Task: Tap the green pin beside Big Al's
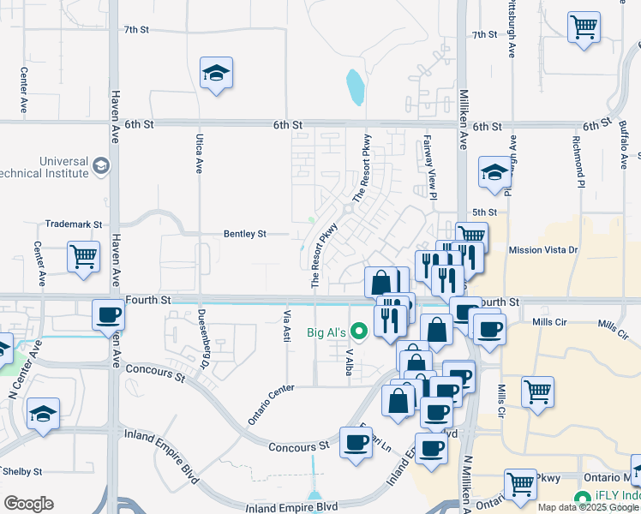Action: point(360,330)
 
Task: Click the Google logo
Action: point(28,504)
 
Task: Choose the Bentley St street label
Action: point(245,233)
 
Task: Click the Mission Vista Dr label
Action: point(543,250)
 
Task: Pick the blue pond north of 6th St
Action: point(354,86)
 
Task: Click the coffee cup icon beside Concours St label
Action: point(356,442)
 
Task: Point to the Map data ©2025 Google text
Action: point(588,507)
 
